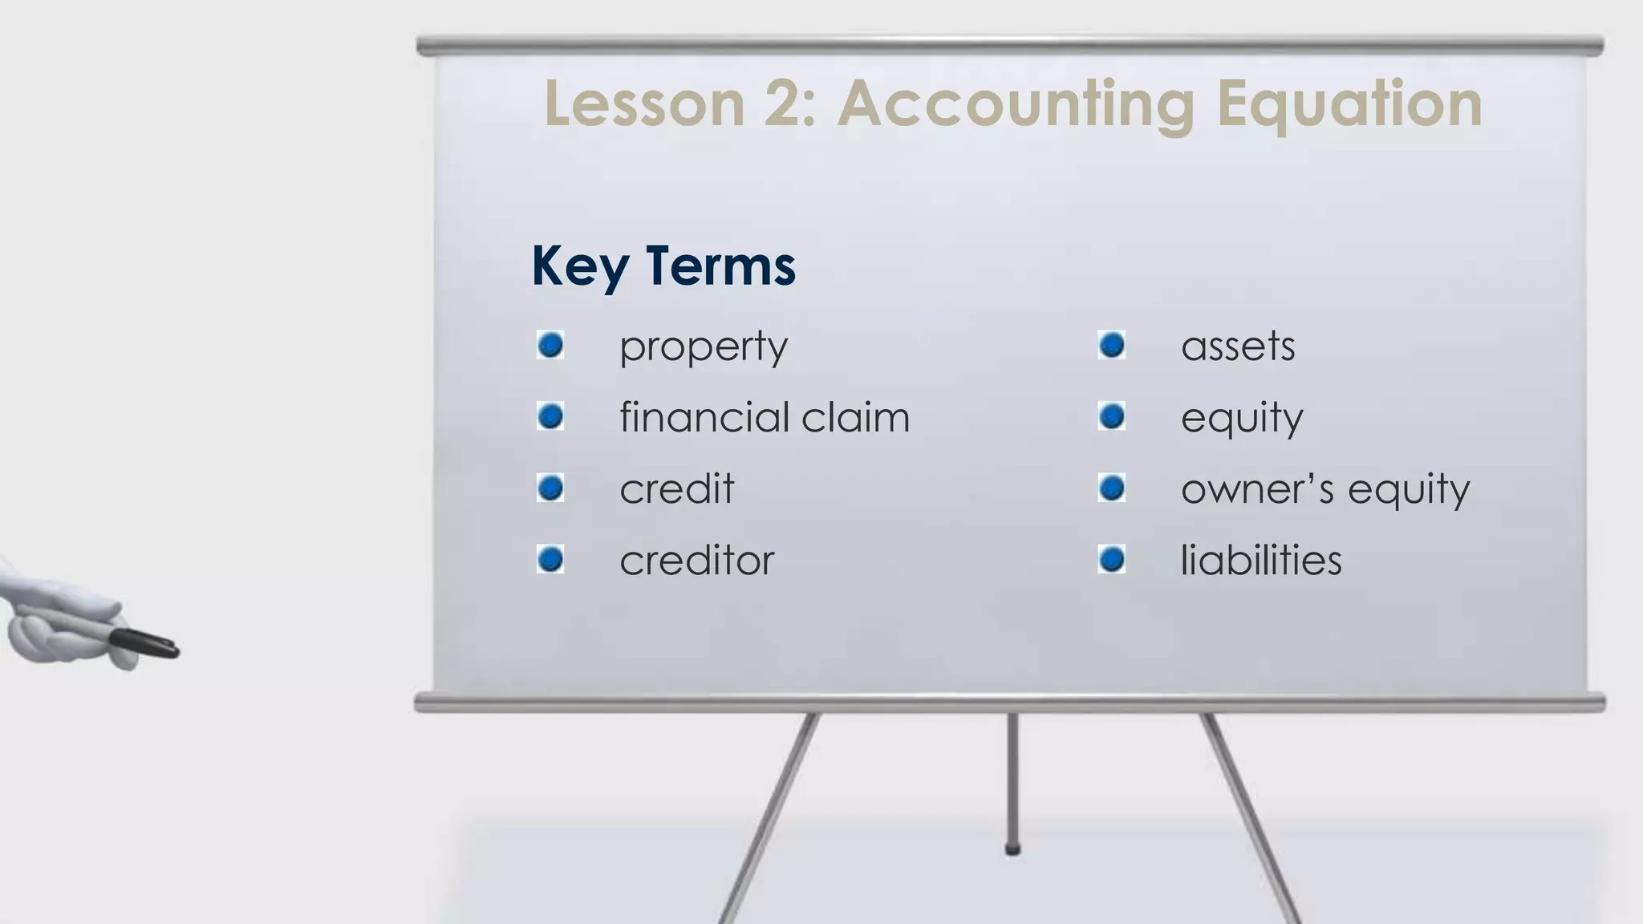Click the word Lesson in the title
click(645, 103)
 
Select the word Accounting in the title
click(1016, 105)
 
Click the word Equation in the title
click(1349, 105)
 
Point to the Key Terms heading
click(663, 265)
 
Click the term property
click(704, 347)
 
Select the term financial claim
click(765, 417)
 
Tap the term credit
click(677, 488)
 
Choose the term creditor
click(697, 560)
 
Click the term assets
click(1238, 346)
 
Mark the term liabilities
click(1261, 560)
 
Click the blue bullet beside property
click(550, 346)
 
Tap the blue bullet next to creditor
click(550, 559)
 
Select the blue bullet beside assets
click(1112, 346)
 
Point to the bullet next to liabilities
click(1112, 559)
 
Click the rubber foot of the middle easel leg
click(1013, 849)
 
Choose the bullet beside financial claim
click(550, 416)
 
